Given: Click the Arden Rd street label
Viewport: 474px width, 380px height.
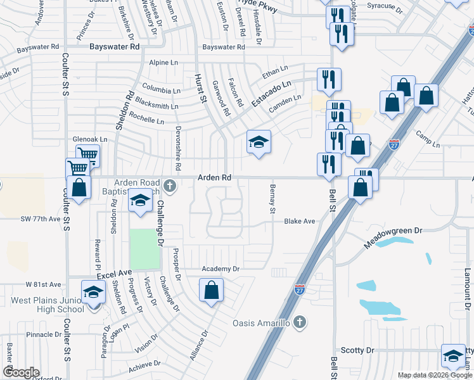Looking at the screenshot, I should (x=214, y=179).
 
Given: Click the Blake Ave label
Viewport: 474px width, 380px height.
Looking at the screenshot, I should (x=300, y=222).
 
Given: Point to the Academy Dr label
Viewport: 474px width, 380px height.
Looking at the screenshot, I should (x=220, y=269).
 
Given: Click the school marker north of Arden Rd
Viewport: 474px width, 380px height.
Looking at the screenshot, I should (x=259, y=143).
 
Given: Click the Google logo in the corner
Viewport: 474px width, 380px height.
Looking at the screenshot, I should (x=21, y=372).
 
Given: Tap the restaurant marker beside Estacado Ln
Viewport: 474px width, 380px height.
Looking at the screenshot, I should (x=329, y=80).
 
